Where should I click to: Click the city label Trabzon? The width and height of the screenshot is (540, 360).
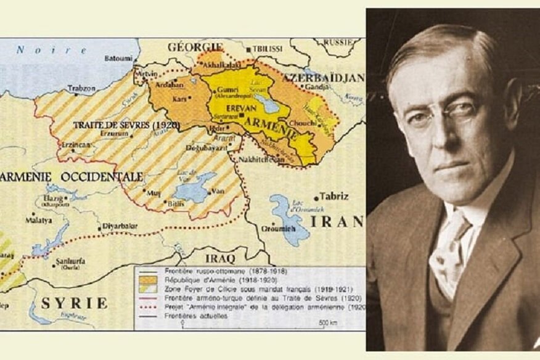81,88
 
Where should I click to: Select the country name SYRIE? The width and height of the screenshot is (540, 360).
74,303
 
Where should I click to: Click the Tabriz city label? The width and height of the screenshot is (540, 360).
333,197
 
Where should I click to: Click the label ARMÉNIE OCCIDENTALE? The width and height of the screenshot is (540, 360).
73,176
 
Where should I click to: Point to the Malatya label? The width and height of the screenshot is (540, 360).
39,219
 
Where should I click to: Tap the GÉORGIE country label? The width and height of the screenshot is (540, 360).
195,47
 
